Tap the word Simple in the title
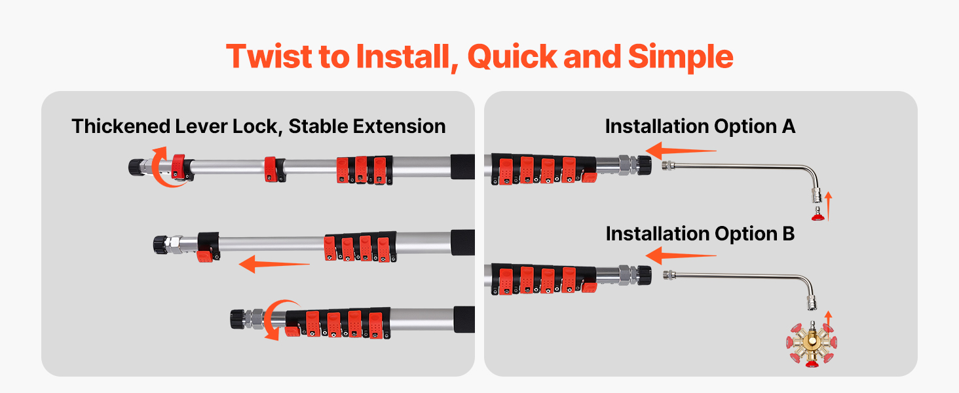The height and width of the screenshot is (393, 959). coord(681,58)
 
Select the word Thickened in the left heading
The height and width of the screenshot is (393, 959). coord(121,126)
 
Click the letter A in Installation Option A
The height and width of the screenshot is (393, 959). coord(788,126)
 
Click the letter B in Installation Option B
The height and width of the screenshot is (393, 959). coord(789,234)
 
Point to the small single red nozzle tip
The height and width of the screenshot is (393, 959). coord(818,214)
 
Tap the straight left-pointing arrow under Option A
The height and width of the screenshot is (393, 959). coord(681,151)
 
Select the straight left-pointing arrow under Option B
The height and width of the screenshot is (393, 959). coord(681,255)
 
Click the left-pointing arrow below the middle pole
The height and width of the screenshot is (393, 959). coord(274,264)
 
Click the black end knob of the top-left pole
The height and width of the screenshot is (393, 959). coord(136,167)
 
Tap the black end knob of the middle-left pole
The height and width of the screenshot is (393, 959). coord(161,245)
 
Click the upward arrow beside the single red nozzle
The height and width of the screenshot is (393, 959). coord(829,206)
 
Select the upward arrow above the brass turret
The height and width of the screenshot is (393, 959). coord(829,321)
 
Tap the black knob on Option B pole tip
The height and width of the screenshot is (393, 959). coord(645,275)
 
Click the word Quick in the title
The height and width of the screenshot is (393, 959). coord(512,58)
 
